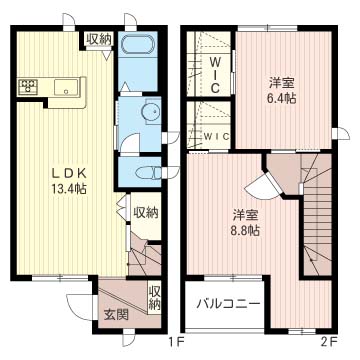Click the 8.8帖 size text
click(x=247, y=230)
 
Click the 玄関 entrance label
click(x=115, y=317)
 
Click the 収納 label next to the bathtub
click(x=98, y=40)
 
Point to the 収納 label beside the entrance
click(x=155, y=298)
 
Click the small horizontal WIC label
click(x=217, y=136)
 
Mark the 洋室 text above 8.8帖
click(x=247, y=213)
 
